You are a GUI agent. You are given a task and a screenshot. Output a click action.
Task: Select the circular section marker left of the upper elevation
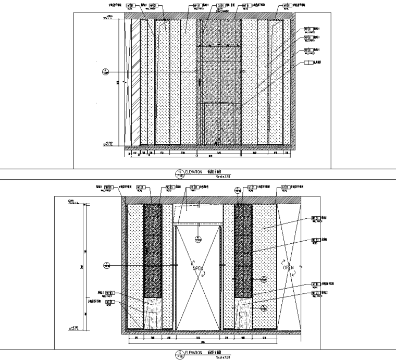106,71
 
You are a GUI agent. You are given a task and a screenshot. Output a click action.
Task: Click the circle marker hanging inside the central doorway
198,239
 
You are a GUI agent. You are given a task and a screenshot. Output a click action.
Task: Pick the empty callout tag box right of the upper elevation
308,63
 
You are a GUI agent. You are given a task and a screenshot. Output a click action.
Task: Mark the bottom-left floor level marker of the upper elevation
109,143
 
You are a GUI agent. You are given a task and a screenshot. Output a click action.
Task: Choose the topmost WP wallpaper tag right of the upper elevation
308,29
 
